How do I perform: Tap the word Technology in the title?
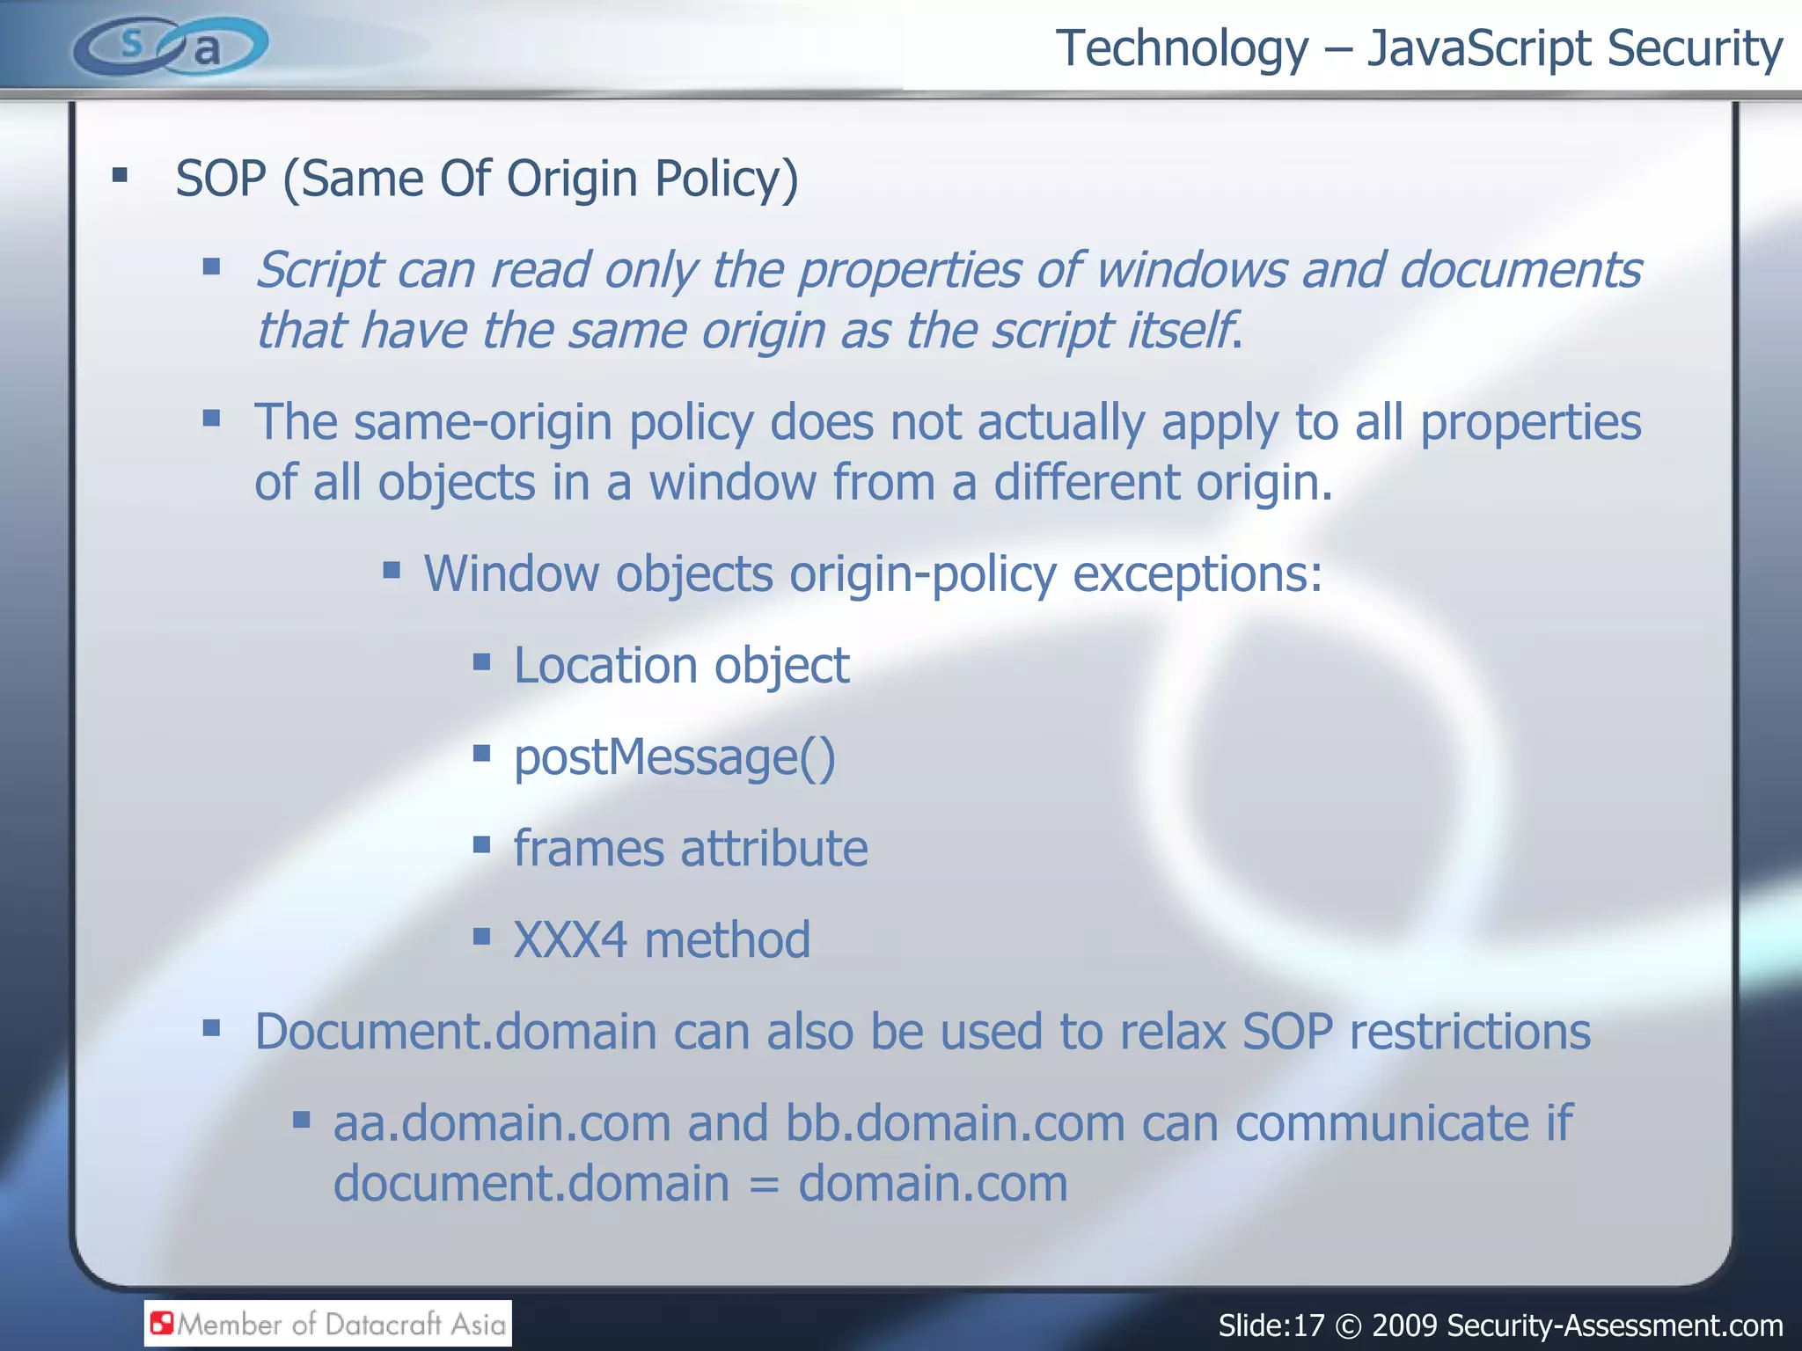pyautogui.click(x=1182, y=48)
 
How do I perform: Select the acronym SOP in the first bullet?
pyautogui.click(x=221, y=179)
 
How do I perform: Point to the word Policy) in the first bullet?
pyautogui.click(x=726, y=180)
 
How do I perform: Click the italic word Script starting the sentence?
pyautogui.click(x=319, y=270)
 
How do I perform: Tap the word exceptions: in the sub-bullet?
pyautogui.click(x=1198, y=574)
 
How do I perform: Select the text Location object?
pyautogui.click(x=681, y=666)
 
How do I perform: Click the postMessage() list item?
pyautogui.click(x=674, y=757)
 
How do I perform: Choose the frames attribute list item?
pyautogui.click(x=691, y=849)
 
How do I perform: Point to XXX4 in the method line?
pyautogui.click(x=570, y=940)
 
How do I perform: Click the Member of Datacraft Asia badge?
pyautogui.click(x=328, y=1324)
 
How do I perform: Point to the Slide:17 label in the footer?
pyautogui.click(x=1271, y=1325)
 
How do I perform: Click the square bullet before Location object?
pyautogui.click(x=481, y=661)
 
